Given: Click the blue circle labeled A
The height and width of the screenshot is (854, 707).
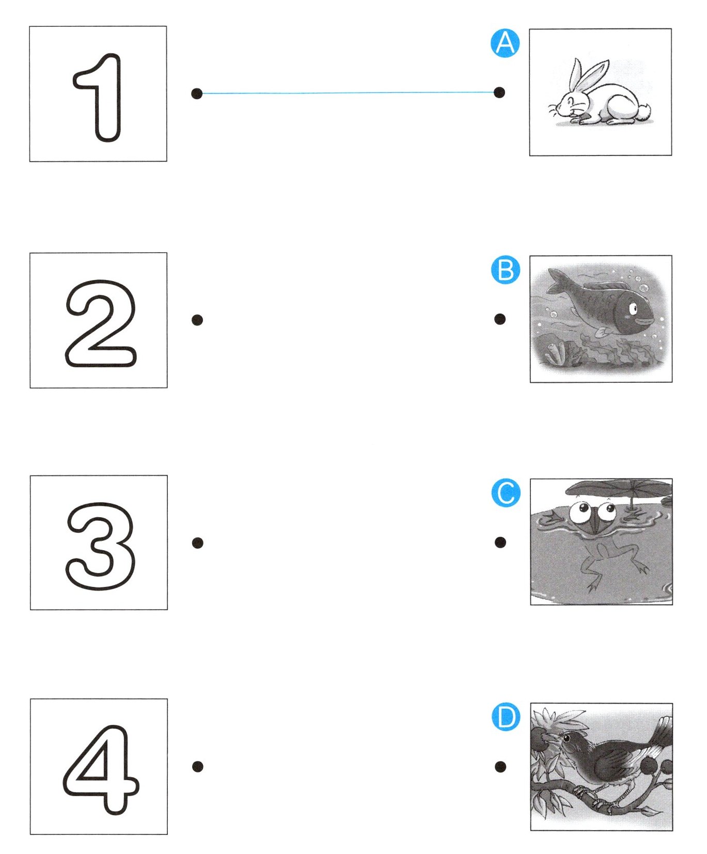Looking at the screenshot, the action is coord(505,43).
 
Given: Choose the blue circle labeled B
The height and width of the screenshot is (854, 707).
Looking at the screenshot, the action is coord(506,270).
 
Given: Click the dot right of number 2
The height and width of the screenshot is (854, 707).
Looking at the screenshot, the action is coord(197,320).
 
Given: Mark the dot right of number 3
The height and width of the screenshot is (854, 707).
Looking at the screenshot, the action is coord(197,543).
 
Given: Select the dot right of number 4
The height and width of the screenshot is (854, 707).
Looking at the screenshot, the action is coord(197,767).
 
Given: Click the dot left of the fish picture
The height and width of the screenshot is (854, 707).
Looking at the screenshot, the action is coord(500,319).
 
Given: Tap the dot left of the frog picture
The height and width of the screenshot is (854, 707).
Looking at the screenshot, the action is coord(500,542).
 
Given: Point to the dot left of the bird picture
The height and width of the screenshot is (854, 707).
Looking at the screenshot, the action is coord(500,767).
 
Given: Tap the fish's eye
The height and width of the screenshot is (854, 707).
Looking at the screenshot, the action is coord(632,309).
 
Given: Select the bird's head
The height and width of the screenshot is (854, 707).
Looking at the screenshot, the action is coord(571,741).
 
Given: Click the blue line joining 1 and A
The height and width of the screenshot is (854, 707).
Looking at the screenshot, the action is coord(348,93).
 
